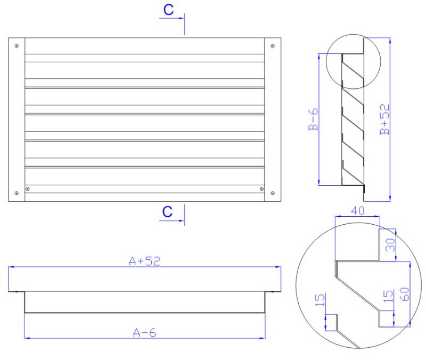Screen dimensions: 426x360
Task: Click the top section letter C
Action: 168,10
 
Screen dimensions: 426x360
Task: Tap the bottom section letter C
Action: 167,211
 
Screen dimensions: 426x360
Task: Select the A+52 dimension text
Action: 144,261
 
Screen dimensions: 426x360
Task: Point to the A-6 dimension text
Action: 144,332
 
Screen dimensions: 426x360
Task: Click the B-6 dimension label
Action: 313,119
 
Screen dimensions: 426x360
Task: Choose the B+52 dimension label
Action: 384,119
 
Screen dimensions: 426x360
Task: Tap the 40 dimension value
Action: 357,211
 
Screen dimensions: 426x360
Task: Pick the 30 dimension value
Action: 390,245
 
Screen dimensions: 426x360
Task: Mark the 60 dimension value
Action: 405,294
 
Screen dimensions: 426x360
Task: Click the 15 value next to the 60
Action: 388,296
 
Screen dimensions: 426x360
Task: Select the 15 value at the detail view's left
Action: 320,300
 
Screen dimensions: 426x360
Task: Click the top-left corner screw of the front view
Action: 17,46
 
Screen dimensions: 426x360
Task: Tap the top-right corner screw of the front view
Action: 273,46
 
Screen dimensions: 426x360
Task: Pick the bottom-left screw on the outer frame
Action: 17,193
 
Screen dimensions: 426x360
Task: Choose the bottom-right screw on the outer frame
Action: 273,193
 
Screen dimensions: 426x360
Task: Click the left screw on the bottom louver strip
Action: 28,189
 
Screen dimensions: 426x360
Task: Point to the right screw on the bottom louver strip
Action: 261,189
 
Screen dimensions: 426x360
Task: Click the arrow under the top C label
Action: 171,18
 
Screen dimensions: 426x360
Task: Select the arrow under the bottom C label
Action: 171,220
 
